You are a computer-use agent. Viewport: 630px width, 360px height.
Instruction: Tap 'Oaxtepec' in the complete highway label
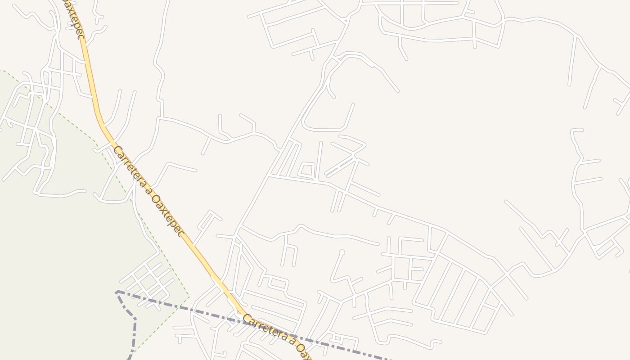point(168,215)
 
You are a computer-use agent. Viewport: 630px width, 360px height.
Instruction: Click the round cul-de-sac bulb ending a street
point(342,252)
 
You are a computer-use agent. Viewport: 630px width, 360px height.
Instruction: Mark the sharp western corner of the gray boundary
point(117,292)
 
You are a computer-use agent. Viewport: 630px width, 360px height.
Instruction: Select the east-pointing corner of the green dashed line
point(189,297)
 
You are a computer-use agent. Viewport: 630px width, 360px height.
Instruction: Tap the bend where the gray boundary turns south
point(135,319)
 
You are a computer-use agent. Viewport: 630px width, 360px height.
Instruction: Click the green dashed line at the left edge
point(2,71)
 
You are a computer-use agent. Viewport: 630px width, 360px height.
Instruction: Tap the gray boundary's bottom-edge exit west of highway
point(130,358)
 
